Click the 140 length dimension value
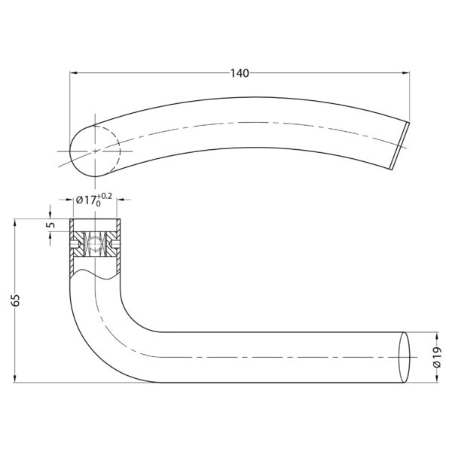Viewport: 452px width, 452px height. tap(240, 74)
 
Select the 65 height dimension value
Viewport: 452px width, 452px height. tap(16, 301)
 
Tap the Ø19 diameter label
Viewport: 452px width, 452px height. tap(437, 357)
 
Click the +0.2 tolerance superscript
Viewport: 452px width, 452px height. tap(105, 197)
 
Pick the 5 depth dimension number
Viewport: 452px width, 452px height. tap(50, 224)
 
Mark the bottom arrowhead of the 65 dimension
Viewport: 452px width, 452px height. tap(15, 379)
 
